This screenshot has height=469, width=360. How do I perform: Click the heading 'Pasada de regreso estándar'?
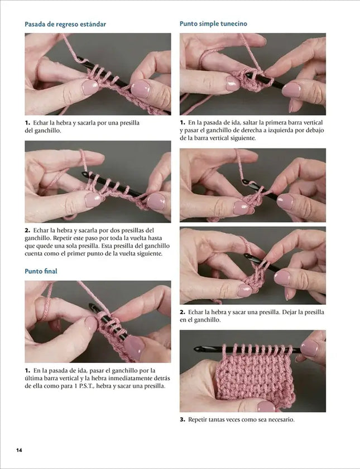click(65, 24)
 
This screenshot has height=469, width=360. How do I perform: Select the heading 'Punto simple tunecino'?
click(213, 23)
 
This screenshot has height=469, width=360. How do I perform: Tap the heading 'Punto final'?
click(41, 271)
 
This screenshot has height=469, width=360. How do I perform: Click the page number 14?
click(19, 450)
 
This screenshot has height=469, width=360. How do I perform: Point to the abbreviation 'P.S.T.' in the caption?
click(87, 386)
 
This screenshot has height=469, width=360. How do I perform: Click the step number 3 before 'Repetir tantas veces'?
click(182, 419)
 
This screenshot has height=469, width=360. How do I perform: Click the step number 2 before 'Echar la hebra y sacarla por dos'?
click(27, 230)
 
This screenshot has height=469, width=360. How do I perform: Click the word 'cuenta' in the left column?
click(33, 253)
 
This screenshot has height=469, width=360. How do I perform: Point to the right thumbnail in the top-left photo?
click(140, 89)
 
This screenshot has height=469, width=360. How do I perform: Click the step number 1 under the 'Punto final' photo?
click(27, 370)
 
